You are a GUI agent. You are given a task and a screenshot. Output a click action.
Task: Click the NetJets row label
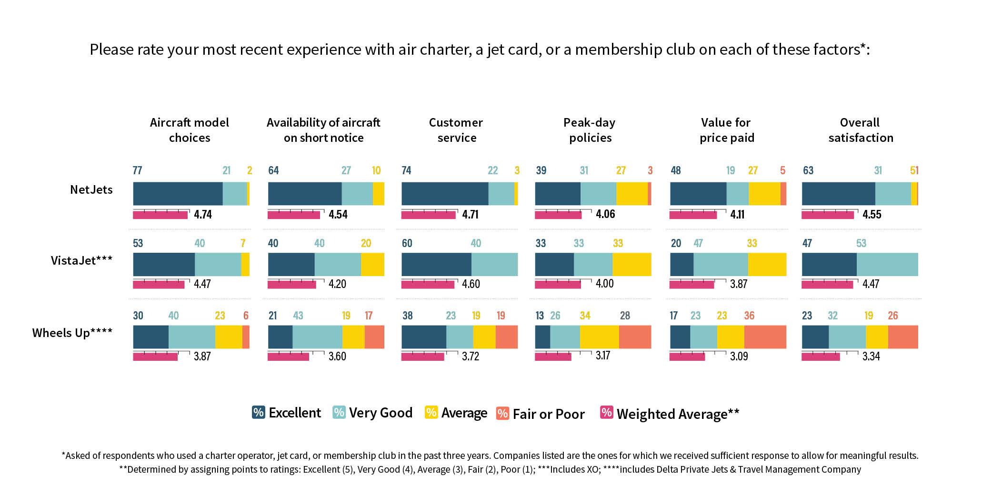click(x=91, y=189)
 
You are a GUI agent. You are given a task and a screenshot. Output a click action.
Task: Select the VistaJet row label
click(x=81, y=260)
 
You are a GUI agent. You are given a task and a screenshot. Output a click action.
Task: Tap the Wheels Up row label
click(x=72, y=333)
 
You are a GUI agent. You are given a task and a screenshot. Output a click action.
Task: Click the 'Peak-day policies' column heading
click(x=590, y=130)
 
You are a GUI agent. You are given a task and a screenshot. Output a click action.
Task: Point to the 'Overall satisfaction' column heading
click(x=860, y=130)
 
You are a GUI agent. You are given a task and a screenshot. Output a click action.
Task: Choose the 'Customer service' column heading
click(x=456, y=130)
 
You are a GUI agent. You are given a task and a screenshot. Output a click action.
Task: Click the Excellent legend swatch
click(x=259, y=412)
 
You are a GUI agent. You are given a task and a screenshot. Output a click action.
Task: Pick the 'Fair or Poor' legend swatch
click(x=502, y=413)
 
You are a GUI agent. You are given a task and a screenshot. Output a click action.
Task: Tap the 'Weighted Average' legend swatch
click(x=606, y=412)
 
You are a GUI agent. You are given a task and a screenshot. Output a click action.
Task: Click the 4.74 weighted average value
click(x=203, y=214)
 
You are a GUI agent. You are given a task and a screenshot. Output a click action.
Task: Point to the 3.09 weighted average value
click(x=739, y=356)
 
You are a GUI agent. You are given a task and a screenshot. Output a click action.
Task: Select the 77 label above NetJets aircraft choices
click(x=137, y=170)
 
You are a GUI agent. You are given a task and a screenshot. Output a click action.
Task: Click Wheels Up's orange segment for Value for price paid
click(x=765, y=337)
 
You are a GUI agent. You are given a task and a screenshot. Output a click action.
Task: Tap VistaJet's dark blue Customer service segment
click(x=436, y=264)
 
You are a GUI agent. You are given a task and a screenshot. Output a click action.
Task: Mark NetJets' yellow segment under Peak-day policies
click(x=631, y=193)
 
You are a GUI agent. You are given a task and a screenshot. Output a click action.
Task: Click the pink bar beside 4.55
click(x=827, y=215)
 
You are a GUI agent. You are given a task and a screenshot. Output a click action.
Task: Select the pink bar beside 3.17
click(x=553, y=357)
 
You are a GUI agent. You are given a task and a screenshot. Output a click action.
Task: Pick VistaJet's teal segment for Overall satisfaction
click(x=887, y=264)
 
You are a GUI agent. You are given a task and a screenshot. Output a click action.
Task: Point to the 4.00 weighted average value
click(x=605, y=284)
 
